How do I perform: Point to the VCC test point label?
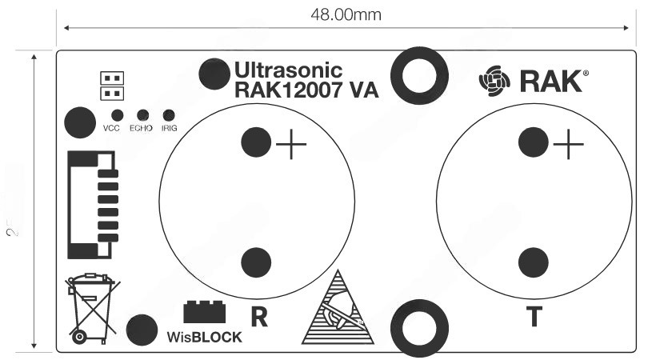(111, 128)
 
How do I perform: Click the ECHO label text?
(141, 128)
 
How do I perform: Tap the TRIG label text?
(169, 128)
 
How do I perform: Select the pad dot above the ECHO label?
(144, 116)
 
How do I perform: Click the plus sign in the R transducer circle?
(291, 145)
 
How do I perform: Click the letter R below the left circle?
(258, 318)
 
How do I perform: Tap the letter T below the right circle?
(534, 318)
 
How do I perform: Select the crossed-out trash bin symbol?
(89, 307)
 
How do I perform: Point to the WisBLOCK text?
(204, 337)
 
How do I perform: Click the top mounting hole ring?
(419, 76)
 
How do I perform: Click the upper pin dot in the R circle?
(256, 142)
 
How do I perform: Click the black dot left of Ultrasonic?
(214, 74)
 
